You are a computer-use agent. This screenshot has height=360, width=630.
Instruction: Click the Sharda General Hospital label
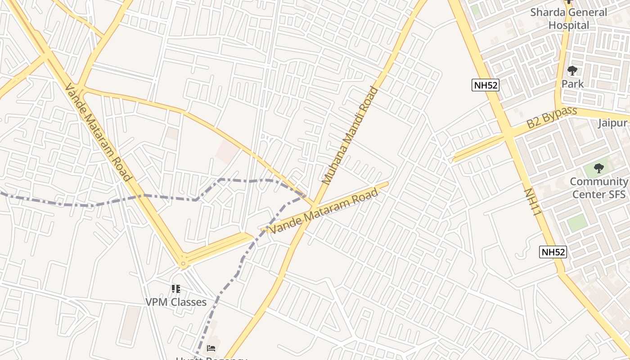(568, 19)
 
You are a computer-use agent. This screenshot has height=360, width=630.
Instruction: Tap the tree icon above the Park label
(572, 71)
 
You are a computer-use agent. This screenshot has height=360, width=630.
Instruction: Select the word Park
(572, 84)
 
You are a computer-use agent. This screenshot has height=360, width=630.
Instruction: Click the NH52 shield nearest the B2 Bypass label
(486, 85)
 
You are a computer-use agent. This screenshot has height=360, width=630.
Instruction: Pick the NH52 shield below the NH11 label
(553, 252)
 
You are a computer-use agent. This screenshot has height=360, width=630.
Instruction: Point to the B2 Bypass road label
(552, 117)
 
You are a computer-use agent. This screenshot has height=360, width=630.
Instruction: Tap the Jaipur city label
(613, 123)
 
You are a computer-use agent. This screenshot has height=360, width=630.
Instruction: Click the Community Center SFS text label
(598, 188)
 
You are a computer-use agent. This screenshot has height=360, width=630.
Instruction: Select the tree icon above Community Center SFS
(598, 169)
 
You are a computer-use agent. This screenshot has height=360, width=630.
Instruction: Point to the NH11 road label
(531, 202)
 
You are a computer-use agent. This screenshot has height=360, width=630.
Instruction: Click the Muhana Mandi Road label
(351, 136)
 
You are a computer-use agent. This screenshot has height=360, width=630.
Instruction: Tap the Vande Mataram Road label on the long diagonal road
(98, 133)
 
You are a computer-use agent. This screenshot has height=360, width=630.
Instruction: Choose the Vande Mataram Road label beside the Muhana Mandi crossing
(324, 211)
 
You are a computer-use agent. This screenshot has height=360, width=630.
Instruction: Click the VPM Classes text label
(176, 302)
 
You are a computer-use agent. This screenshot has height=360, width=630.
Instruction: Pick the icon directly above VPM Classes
(176, 288)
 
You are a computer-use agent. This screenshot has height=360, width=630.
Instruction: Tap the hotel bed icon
(211, 348)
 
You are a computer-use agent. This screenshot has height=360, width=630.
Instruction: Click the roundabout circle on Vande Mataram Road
(183, 264)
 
